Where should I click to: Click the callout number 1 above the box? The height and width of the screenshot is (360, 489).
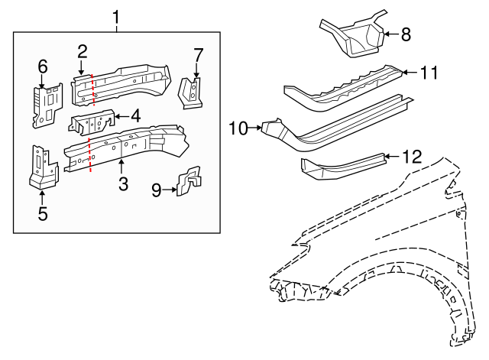coord(116,16)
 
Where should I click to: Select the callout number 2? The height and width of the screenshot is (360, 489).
coord(82,52)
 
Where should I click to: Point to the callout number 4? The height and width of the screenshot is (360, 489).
coord(135,117)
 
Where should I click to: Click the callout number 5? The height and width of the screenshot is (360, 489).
coord(43,213)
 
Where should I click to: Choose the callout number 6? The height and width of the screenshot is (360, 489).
coord(43,66)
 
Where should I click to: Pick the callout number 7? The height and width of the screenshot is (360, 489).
coord(198,55)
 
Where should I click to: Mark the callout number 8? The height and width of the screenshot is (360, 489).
coord(405,34)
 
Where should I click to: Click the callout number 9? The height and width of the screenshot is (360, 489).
coord(156,190)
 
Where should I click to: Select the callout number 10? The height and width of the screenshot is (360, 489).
coord(239,128)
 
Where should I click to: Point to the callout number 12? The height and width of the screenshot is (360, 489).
coord(411,157)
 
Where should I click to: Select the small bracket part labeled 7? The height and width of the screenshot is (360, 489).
coord(191,92)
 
